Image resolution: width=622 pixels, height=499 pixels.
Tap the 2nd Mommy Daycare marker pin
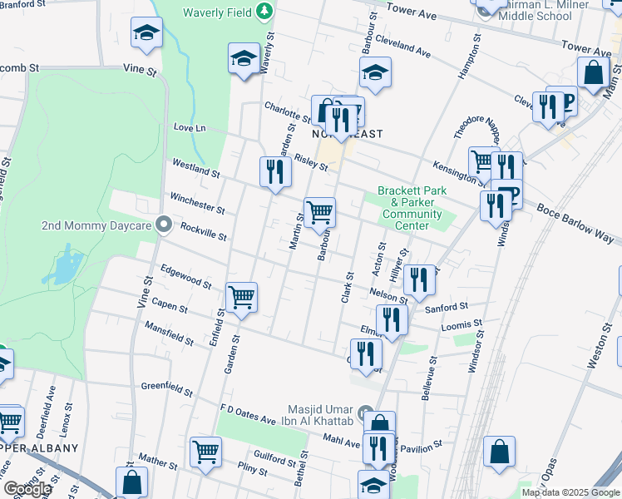164,225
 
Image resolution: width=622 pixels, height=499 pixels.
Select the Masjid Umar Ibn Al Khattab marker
365,413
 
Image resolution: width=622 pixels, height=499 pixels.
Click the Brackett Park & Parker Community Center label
412,208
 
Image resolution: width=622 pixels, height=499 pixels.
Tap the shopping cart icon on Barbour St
320,213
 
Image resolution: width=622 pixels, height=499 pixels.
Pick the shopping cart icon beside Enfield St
241,296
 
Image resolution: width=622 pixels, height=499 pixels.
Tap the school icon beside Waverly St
242,58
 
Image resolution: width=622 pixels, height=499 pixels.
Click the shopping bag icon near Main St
594,73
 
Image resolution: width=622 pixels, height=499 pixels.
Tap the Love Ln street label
189,128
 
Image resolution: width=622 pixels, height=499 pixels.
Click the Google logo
27,489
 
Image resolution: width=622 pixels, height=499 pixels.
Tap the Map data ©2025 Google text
570,492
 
